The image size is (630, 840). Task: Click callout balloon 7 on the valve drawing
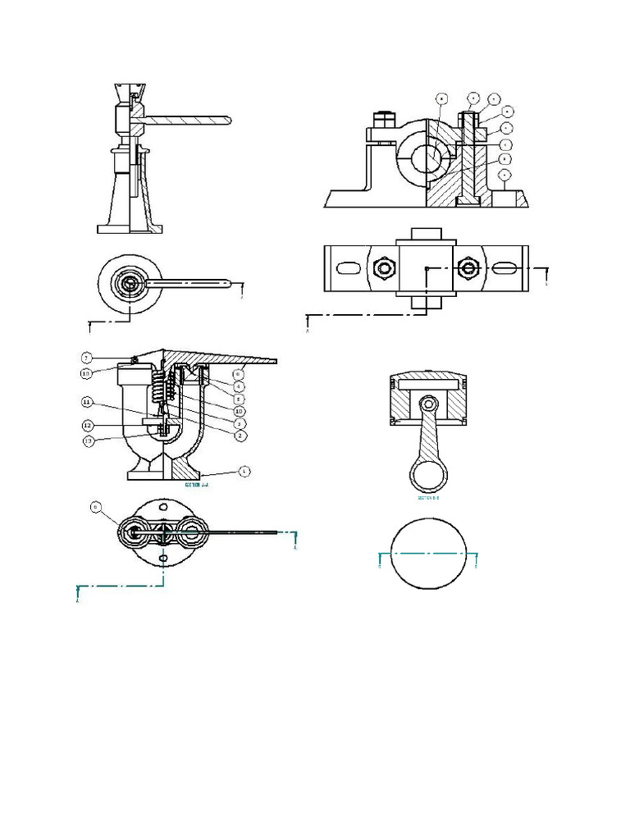click(x=87, y=358)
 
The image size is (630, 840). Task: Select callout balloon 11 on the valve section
click(x=87, y=403)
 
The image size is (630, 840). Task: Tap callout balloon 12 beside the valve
click(x=87, y=425)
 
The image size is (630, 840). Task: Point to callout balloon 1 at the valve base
click(x=244, y=472)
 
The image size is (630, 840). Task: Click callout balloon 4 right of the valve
click(x=238, y=386)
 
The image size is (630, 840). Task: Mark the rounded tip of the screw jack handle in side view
click(x=228, y=120)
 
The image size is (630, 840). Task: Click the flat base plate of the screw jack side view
click(x=127, y=229)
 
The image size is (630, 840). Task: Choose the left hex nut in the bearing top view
click(x=381, y=268)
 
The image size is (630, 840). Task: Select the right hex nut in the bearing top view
click(x=470, y=268)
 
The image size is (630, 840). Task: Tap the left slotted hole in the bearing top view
click(x=348, y=268)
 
